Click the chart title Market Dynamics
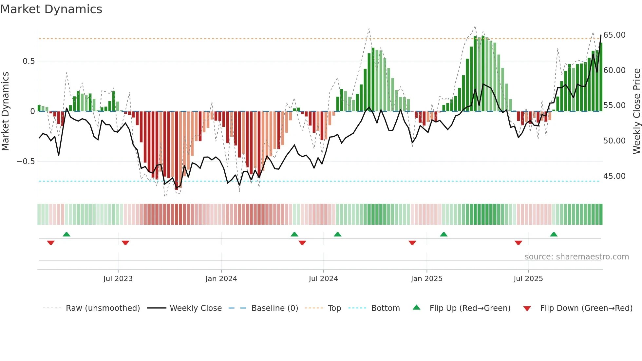(51, 9)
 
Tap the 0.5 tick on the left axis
(28, 61)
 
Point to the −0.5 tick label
(26, 161)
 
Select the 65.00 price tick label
(614, 35)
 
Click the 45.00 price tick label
(614, 176)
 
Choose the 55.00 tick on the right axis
(614, 105)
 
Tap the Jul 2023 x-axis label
(118, 279)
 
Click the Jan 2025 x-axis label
(426, 279)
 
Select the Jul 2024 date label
(323, 279)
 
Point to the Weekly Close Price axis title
(636, 111)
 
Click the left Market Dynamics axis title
(5, 111)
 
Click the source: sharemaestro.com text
(576, 257)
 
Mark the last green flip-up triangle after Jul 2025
(554, 234)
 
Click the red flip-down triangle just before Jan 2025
(412, 243)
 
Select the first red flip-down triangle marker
(51, 243)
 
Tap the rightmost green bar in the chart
(601, 77)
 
